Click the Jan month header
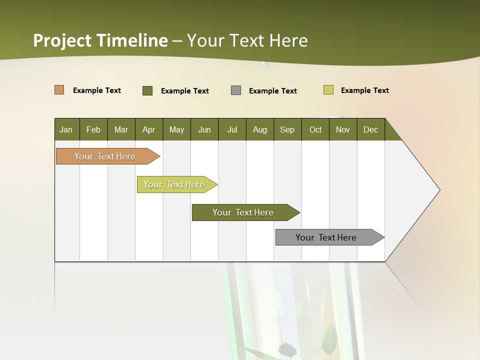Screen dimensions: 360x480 pyautogui.click(x=66, y=129)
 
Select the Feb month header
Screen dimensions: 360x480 pyautogui.click(x=93, y=129)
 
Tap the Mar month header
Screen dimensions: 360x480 pyautogui.click(x=121, y=129)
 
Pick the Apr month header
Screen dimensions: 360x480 pyautogui.click(x=149, y=129)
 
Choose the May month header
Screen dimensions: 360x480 pyautogui.click(x=176, y=129)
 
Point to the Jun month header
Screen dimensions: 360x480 pyautogui.click(x=204, y=129)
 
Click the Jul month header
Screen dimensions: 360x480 pyautogui.click(x=232, y=129)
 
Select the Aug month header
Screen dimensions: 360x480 pyautogui.click(x=260, y=129)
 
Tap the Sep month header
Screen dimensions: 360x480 pyautogui.click(x=287, y=129)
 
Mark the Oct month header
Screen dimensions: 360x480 pyautogui.click(x=315, y=129)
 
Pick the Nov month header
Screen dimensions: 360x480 pyautogui.click(x=343, y=129)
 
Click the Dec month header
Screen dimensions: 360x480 pyautogui.click(x=371, y=129)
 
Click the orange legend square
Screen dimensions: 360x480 pyautogui.click(x=59, y=90)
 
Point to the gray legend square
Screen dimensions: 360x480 pyautogui.click(x=236, y=90)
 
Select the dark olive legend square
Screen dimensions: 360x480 pyautogui.click(x=147, y=90)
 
